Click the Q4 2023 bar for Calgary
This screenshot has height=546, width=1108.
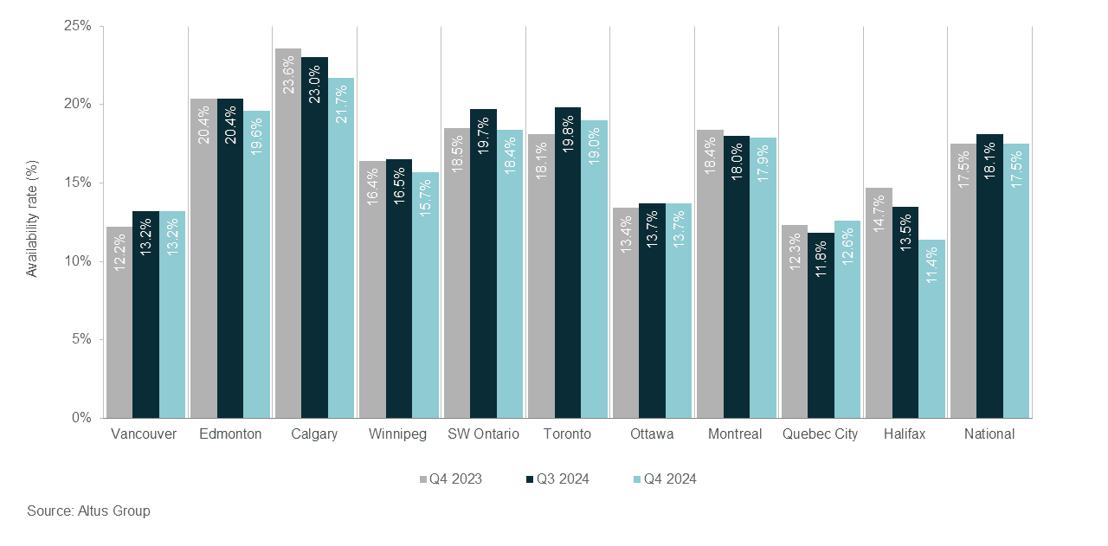pyautogui.click(x=288, y=234)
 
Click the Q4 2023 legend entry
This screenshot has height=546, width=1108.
pyautogui.click(x=450, y=479)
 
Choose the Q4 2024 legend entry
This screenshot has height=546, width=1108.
pyautogui.click(x=664, y=479)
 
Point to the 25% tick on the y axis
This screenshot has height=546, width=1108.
pyautogui.click(x=78, y=26)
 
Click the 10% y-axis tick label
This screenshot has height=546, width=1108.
pyautogui.click(x=78, y=261)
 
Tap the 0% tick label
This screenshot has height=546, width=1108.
pyautogui.click(x=81, y=418)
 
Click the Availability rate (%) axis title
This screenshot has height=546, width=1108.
pyautogui.click(x=32, y=219)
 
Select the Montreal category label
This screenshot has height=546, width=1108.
pyautogui.click(x=734, y=434)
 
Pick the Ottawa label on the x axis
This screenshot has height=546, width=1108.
pyautogui.click(x=652, y=434)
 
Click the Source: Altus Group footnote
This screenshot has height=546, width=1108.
pyautogui.click(x=88, y=511)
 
